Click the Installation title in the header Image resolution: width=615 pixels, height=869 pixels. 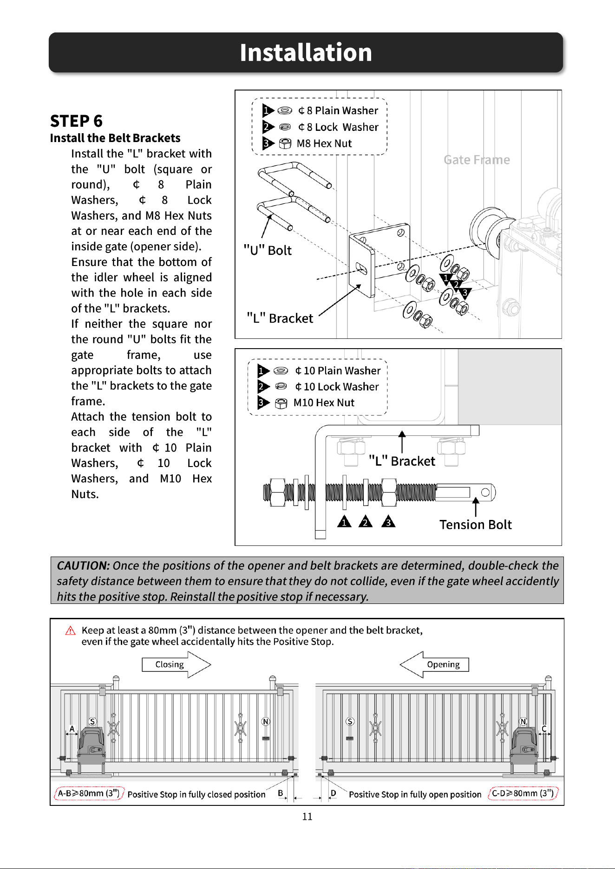(306, 52)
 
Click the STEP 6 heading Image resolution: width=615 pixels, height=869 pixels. (76, 121)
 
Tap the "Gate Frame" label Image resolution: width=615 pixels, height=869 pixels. (477, 160)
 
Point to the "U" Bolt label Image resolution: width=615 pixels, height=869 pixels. (268, 250)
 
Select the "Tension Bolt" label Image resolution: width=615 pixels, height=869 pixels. (475, 525)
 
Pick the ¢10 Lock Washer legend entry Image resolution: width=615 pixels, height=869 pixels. (319, 387)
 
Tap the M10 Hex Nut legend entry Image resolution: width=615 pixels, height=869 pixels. (307, 403)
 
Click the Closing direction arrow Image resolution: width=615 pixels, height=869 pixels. (177, 665)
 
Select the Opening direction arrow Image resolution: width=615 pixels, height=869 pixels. (434, 665)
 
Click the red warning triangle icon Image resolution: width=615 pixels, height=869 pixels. (70, 630)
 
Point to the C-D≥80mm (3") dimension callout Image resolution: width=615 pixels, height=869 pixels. (523, 793)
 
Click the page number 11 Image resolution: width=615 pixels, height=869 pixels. (307, 817)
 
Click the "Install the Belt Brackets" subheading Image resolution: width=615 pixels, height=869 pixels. (115, 138)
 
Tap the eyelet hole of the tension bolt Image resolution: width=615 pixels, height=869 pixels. (485, 492)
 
